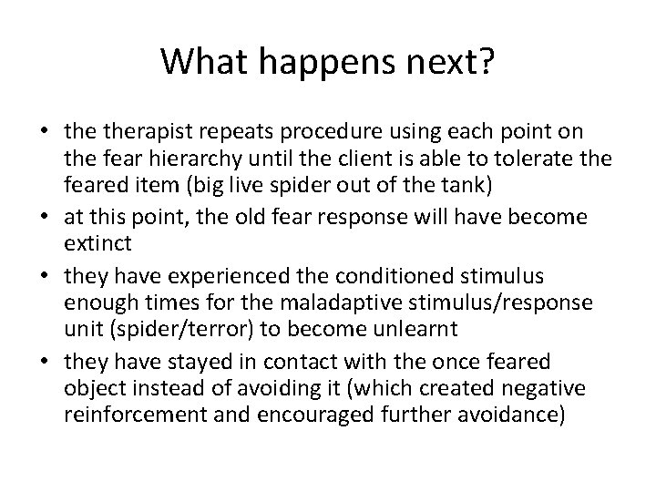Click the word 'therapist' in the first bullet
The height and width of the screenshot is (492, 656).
[135, 133]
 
